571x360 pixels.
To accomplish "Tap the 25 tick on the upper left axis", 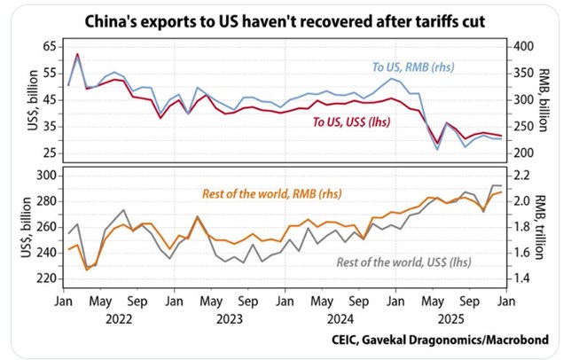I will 47,153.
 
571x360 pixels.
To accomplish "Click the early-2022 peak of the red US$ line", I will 78,54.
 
